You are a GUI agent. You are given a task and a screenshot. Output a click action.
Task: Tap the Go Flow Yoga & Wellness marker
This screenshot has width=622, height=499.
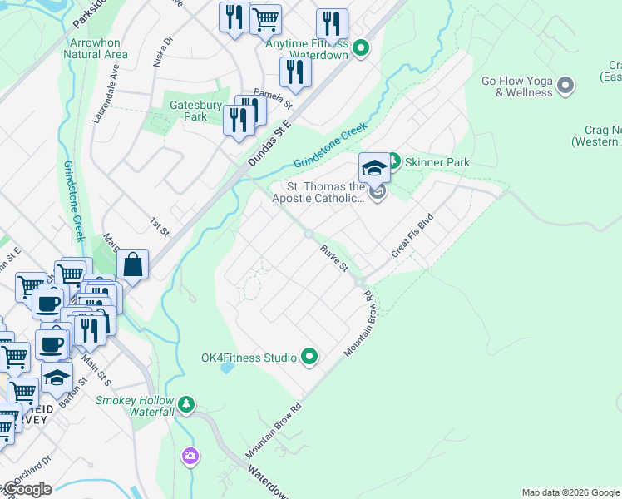coord(565,86)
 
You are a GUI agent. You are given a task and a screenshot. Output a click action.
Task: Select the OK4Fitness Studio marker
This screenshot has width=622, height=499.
coord(310,358)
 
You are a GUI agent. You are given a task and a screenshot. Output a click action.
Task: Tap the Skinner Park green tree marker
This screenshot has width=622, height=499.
coord(394,162)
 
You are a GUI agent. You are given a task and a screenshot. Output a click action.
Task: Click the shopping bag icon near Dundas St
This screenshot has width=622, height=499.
coord(133,266)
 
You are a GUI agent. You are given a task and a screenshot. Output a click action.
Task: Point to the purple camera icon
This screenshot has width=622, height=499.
coord(190,455)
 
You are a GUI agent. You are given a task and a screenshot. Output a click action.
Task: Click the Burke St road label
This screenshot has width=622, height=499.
coord(334,257)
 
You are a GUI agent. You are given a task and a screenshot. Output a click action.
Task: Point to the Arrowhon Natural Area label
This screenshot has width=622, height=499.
coord(96,48)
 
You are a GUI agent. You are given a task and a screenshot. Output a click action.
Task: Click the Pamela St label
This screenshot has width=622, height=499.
coord(274,100)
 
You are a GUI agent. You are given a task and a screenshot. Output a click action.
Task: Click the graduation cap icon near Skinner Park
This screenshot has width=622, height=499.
coord(374,168)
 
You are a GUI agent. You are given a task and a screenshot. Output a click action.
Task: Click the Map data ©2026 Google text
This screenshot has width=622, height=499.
coord(570,492)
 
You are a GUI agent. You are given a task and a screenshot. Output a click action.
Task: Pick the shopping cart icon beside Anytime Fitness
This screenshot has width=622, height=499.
coord(265,19)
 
